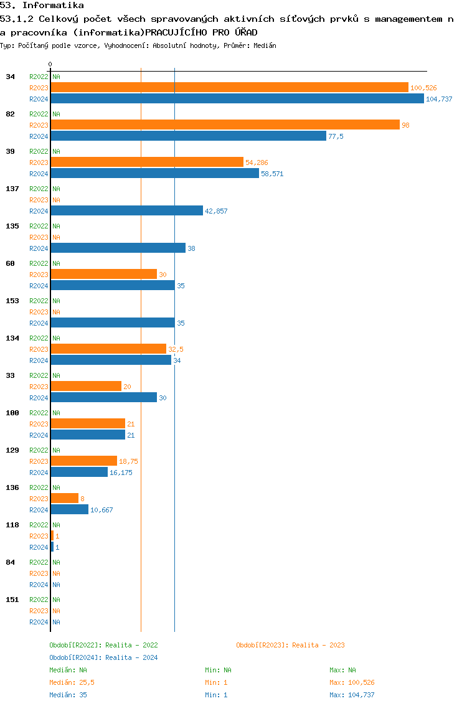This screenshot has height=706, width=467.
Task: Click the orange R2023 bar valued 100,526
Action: coord(229,88)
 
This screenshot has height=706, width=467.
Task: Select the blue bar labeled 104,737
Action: coord(237,99)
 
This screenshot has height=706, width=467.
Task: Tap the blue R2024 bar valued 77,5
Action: coord(189,136)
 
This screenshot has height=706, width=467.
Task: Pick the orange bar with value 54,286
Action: coord(147,162)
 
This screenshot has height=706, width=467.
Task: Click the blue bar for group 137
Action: coord(127,211)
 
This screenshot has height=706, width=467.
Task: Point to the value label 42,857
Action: coord(216,212)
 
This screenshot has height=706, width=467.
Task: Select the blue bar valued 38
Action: coord(118,248)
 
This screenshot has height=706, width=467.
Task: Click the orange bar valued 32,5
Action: coord(108,349)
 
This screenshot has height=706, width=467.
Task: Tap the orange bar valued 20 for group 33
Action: coord(86,387)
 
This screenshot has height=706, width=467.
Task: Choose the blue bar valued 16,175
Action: coord(79,473)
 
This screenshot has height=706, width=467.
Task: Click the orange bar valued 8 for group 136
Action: coord(65,499)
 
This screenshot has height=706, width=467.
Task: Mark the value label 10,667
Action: coord(101,511)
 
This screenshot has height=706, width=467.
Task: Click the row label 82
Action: coord(11,115)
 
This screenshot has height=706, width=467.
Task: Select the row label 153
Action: coord(12,301)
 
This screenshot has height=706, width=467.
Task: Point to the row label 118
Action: coord(12,525)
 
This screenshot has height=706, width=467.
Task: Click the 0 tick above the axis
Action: coord(50,65)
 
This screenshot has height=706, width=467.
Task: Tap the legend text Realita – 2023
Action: coord(318,646)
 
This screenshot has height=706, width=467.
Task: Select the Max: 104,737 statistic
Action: coord(352,695)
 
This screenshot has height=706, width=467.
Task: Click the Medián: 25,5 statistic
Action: coord(72,683)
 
